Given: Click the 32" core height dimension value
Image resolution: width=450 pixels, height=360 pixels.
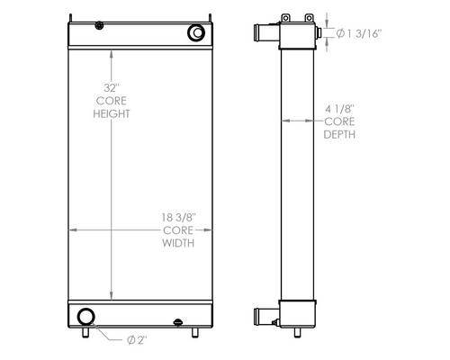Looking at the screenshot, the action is coord(112,88).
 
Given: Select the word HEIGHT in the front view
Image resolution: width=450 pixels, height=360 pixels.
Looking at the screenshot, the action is coord(112,114).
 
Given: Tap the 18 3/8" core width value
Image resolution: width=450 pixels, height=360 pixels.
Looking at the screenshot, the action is coord(178,217).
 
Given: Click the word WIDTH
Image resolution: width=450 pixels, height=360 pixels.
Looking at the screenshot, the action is coord(178,243).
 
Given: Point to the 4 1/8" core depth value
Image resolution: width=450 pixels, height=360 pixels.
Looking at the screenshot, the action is coord(340,109).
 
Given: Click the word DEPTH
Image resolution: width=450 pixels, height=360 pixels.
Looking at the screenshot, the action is coord(339,134).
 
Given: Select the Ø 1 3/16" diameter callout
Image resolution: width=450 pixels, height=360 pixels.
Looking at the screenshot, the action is coord(359,33).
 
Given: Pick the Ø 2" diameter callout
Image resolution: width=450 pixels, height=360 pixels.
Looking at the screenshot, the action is coord(137,340).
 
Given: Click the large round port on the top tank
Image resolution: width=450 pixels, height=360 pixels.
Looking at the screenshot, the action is coord(196,32).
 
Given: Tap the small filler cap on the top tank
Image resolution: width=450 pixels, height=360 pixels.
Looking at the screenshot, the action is coord(99,25).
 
